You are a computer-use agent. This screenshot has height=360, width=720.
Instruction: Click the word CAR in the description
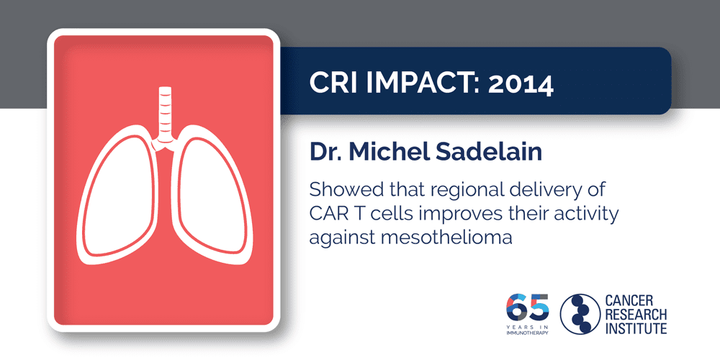328,214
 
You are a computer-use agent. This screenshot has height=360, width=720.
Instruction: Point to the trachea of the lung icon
165,112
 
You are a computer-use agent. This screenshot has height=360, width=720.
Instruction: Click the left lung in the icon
120,194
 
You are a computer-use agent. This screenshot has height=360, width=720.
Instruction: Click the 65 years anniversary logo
526,311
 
